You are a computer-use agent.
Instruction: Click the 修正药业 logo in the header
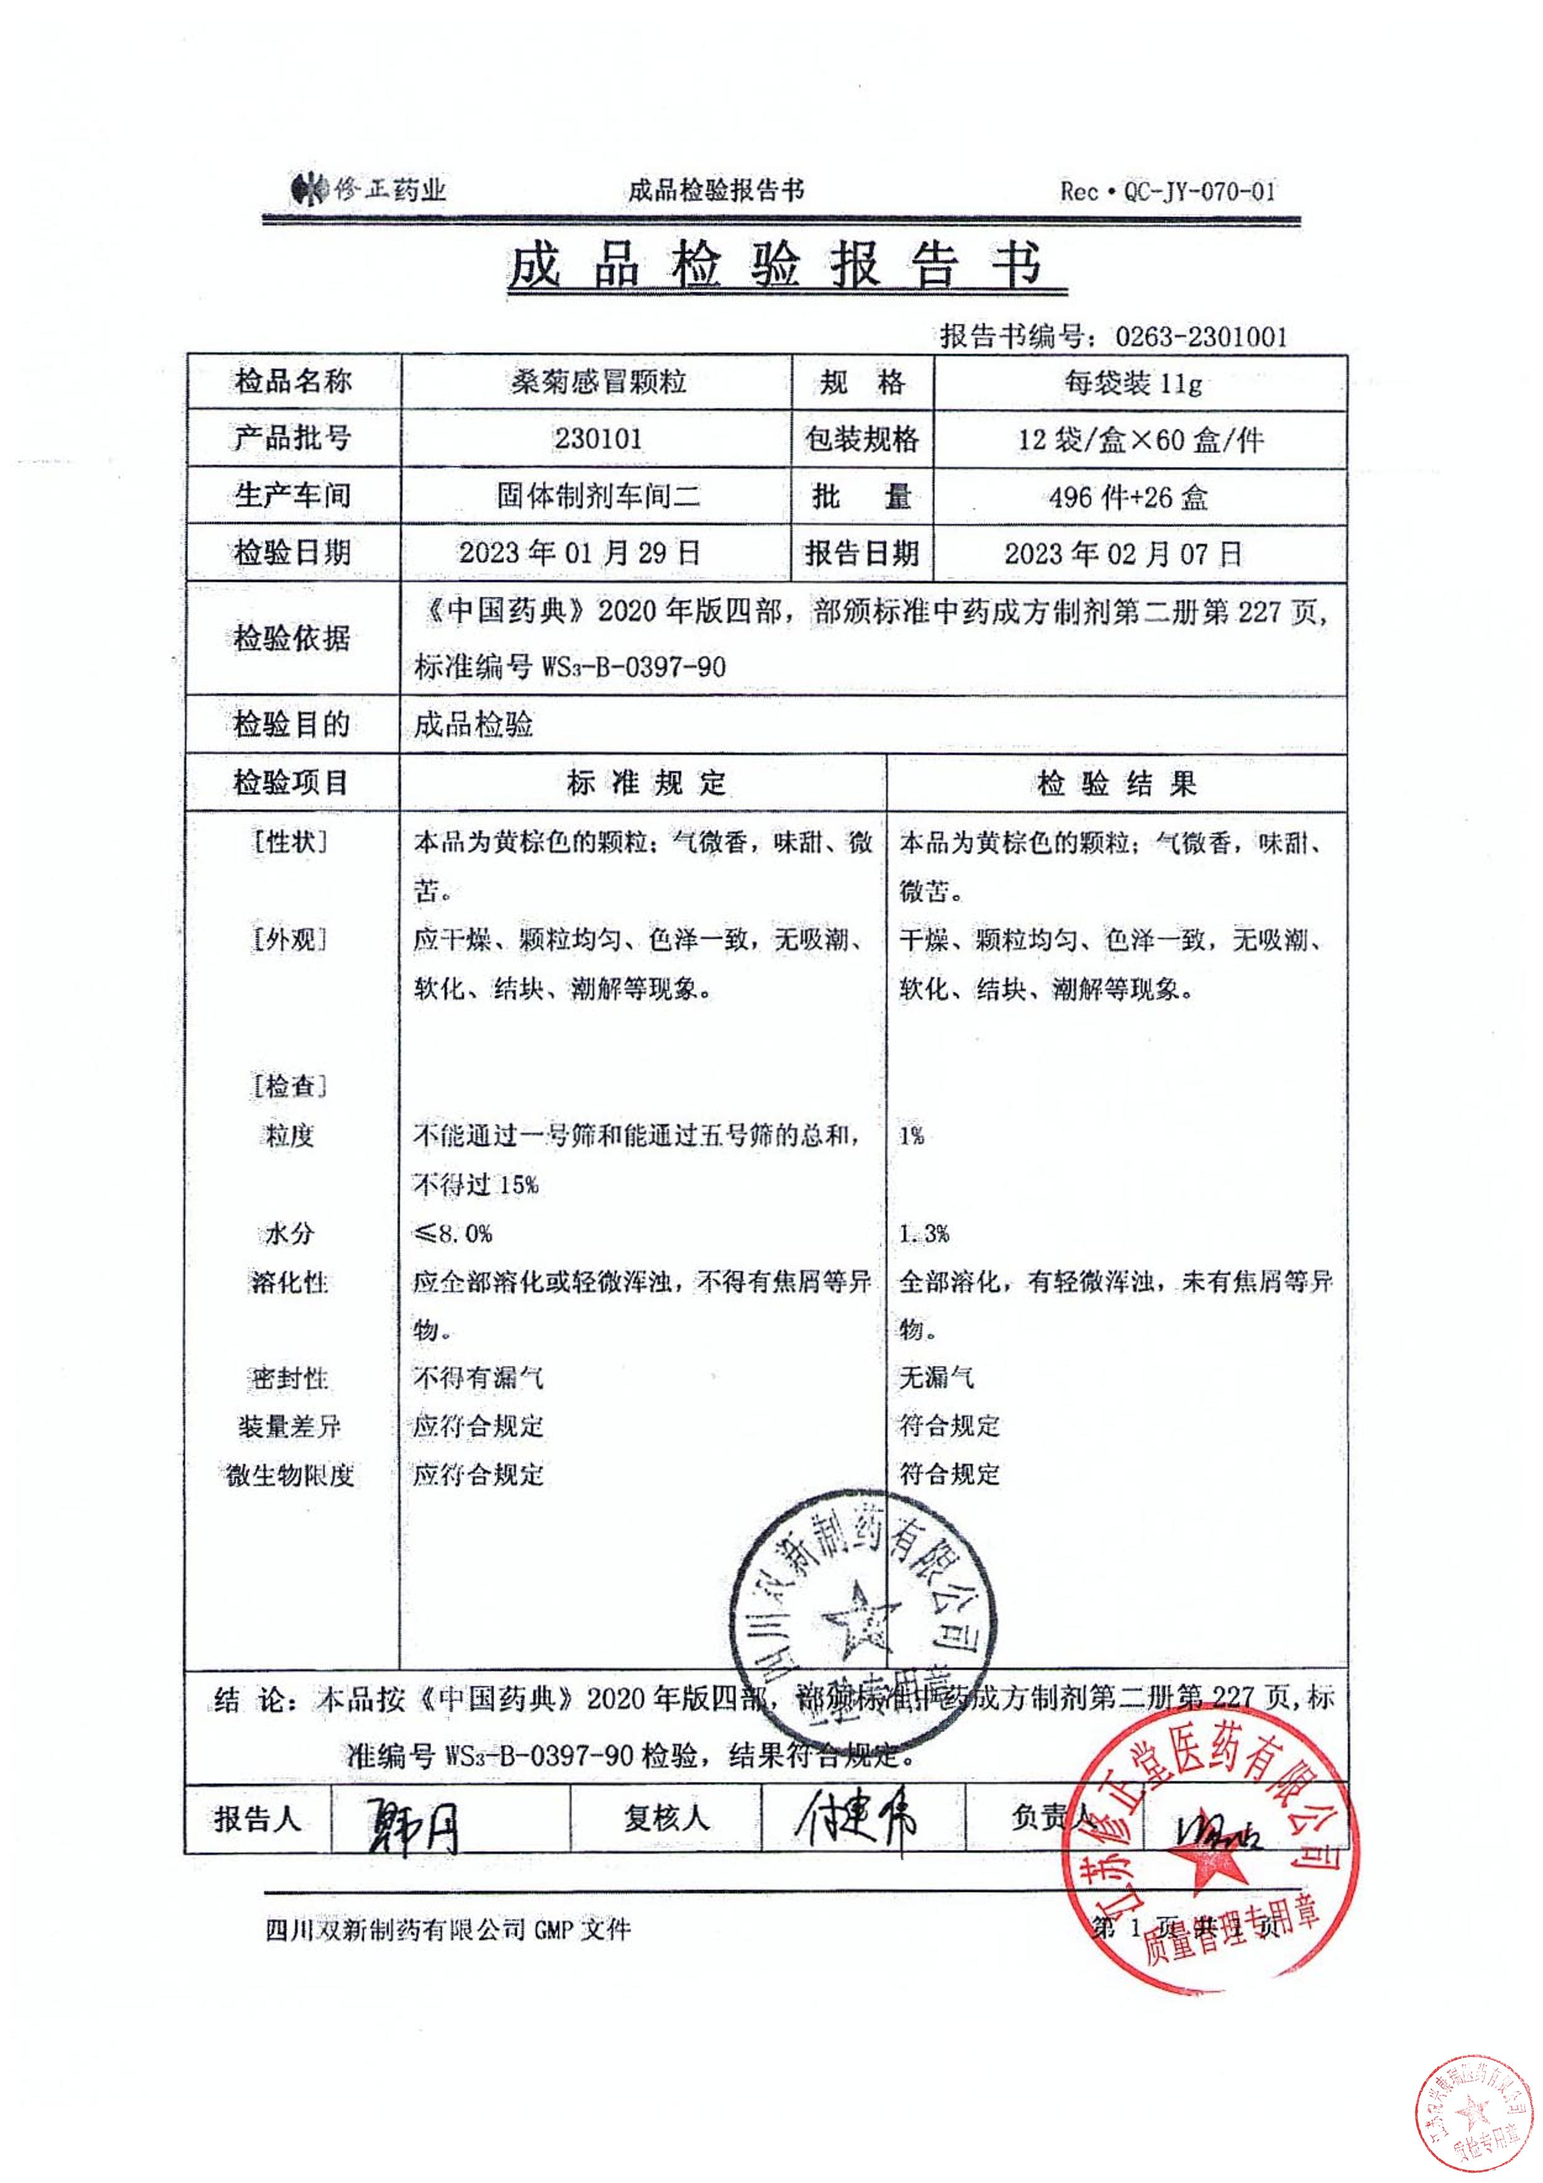tap(367, 190)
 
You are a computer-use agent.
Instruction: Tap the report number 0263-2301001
tap(1201, 335)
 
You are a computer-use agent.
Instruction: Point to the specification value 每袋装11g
tap(1132, 383)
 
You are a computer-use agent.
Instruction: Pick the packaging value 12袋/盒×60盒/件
tap(1141, 439)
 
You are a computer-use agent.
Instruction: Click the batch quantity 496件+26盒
tap(1129, 497)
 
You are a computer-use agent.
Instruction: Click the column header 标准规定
tap(646, 783)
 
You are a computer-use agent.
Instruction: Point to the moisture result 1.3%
tap(924, 1234)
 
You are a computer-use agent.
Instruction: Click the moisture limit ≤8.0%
tap(452, 1234)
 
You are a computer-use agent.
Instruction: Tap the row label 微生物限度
tap(290, 1475)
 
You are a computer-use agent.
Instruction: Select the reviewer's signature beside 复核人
tap(855, 1820)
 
